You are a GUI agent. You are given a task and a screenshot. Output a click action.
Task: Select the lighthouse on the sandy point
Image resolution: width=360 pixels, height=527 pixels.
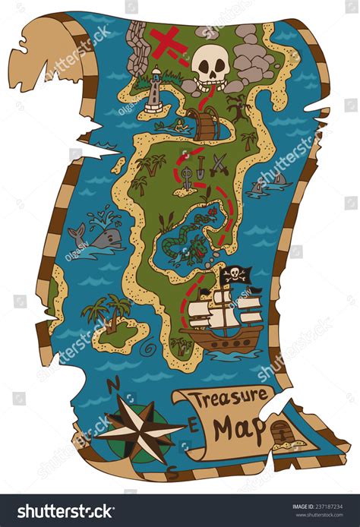[x=156, y=90]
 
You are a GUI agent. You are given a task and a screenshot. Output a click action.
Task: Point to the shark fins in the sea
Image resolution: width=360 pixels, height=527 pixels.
[x=270, y=181]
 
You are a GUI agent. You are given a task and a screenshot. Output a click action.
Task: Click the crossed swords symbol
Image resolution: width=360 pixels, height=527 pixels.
[x=219, y=163]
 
